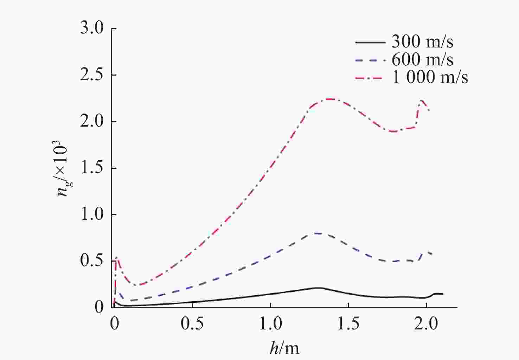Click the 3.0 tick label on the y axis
[92, 28]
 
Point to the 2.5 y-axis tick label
[92, 75]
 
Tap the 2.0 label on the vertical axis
[92, 121]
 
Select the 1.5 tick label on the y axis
[92, 168]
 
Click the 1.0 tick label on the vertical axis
[92, 214]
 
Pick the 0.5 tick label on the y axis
[92, 261]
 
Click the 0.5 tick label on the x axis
[192, 324]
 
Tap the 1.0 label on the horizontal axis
[270, 324]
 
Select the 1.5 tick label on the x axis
[348, 324]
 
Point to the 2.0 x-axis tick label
[426, 324]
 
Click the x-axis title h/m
[284, 348]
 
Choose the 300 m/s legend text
[422, 42]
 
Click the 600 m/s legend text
[422, 60]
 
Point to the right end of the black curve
[442, 294]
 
